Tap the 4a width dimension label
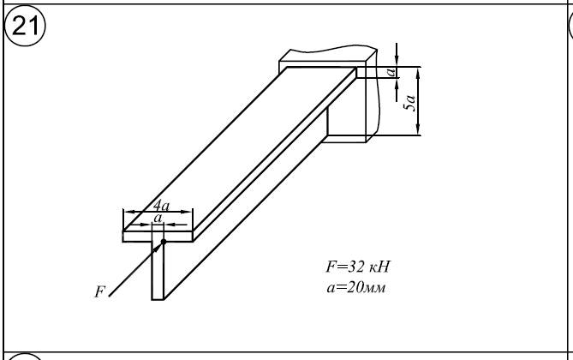click(160, 206)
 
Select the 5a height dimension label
click(412, 103)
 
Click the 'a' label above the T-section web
click(158, 219)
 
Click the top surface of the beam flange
click(240, 146)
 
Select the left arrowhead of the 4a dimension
click(127, 212)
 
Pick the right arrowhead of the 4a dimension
click(192, 212)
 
